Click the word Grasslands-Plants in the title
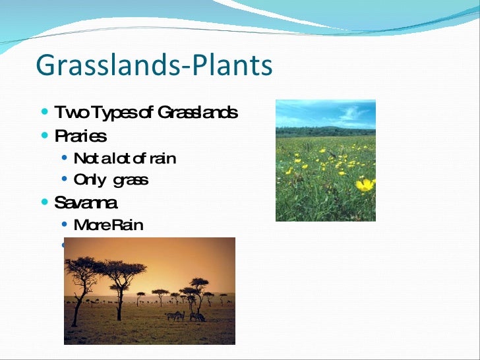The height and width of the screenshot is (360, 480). (154, 66)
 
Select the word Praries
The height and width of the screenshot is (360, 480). (80, 136)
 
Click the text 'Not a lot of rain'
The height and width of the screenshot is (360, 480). (125, 158)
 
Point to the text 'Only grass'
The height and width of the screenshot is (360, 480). (111, 180)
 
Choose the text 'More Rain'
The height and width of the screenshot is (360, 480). (108, 225)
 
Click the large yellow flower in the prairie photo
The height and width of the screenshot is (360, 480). (365, 185)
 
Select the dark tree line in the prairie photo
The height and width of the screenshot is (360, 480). (325, 131)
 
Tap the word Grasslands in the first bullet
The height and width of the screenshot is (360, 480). (197, 113)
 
